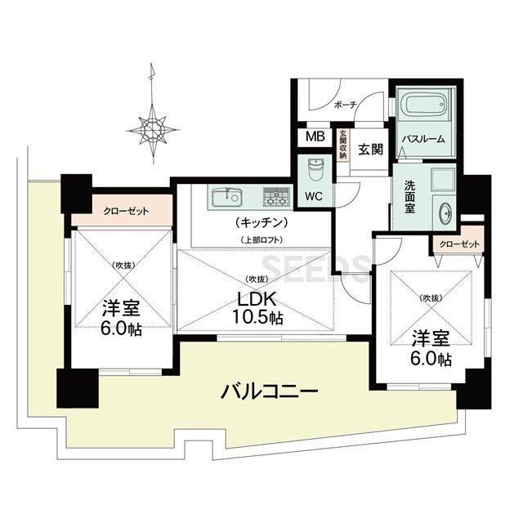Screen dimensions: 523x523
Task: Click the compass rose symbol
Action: point(153,129)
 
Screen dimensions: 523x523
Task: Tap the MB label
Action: point(315,136)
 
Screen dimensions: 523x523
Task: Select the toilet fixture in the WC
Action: point(315,169)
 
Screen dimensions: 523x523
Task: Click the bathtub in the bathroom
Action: point(423,105)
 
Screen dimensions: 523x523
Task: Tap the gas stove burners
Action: point(276,196)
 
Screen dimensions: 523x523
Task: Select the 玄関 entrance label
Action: point(370,150)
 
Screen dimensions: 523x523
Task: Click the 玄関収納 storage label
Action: point(342,144)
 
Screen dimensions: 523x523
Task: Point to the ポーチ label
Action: point(346,105)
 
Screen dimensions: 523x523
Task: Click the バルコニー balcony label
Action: point(269,391)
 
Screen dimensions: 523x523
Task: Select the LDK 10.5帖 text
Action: point(257,308)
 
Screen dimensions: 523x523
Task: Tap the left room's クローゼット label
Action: point(126,211)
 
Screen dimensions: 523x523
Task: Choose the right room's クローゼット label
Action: point(459,244)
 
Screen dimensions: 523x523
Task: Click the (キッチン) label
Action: point(261,222)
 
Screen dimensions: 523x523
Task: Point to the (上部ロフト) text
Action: point(261,240)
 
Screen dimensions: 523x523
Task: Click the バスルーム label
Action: point(423,139)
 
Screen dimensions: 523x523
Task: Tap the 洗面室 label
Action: point(409,197)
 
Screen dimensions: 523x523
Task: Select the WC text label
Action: point(314,196)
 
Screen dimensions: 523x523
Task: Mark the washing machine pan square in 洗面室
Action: point(443,180)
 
